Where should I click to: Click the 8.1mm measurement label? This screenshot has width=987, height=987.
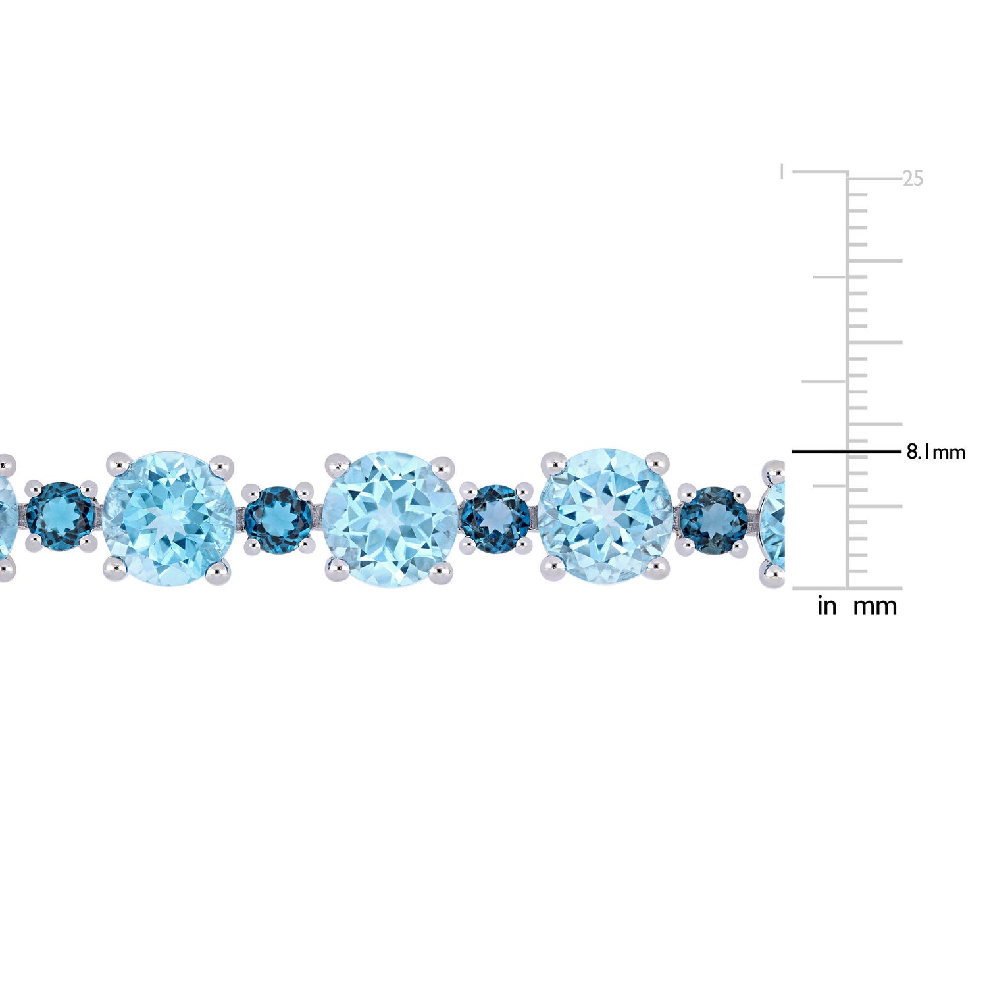click(936, 452)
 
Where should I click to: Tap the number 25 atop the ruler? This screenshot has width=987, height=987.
click(913, 178)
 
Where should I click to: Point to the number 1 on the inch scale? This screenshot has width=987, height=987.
click(781, 172)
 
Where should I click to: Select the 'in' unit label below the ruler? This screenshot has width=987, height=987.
click(826, 606)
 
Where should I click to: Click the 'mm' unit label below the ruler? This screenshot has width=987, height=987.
click(874, 606)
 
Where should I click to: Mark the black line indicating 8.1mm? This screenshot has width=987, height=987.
click(845, 451)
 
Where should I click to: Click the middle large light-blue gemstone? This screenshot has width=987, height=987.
click(391, 519)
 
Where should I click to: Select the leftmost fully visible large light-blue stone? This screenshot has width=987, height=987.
click(169, 519)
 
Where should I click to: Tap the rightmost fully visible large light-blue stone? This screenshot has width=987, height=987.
click(605, 517)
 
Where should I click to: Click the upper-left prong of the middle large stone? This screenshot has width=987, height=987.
click(338, 464)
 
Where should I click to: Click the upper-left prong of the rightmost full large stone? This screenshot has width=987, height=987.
click(553, 463)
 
